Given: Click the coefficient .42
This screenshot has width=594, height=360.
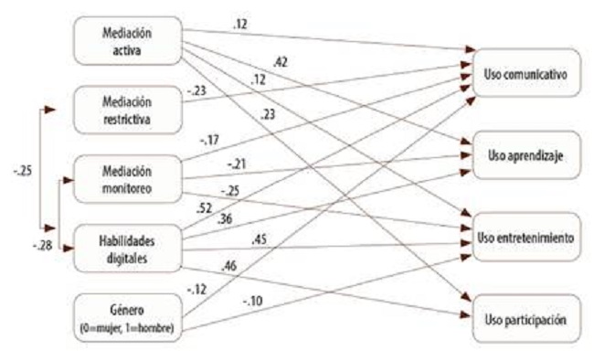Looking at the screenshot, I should point(281,63).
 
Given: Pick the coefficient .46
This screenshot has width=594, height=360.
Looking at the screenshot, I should point(227,265).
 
